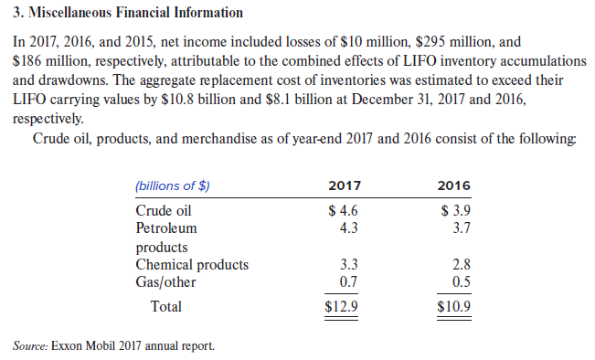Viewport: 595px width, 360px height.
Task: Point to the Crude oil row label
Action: [164, 210]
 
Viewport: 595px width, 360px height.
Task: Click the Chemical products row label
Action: [192, 265]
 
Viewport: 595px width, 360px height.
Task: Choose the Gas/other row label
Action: [165, 281]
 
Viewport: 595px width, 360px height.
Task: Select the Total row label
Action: [165, 306]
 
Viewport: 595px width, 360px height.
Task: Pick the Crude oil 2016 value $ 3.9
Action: [455, 210]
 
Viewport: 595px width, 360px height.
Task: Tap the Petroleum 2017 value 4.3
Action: [348, 228]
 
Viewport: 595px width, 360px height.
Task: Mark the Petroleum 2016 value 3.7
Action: [461, 228]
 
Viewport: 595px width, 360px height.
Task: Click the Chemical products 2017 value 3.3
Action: [348, 265]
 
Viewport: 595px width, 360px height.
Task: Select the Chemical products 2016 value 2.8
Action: [461, 265]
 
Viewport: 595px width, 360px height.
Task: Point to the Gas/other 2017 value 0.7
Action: [348, 281]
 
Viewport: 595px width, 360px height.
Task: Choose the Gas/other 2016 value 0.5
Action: [461, 281]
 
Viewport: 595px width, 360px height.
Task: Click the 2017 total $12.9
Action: [342, 306]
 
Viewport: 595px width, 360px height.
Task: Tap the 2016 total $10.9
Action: [454, 306]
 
